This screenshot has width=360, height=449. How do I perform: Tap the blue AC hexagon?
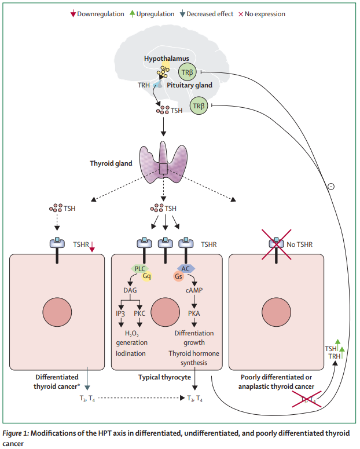[x=187, y=269]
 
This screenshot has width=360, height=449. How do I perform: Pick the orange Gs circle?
[x=178, y=276]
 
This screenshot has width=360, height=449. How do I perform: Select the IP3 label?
[x=121, y=313]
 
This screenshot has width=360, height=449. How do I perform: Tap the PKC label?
[x=140, y=313]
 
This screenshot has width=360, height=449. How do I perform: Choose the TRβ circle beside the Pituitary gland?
[x=199, y=105]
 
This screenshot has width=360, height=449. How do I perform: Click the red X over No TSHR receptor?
[x=276, y=244]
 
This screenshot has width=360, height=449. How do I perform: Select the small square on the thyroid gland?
[x=164, y=169]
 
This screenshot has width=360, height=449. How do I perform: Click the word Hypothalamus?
[x=166, y=59]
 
